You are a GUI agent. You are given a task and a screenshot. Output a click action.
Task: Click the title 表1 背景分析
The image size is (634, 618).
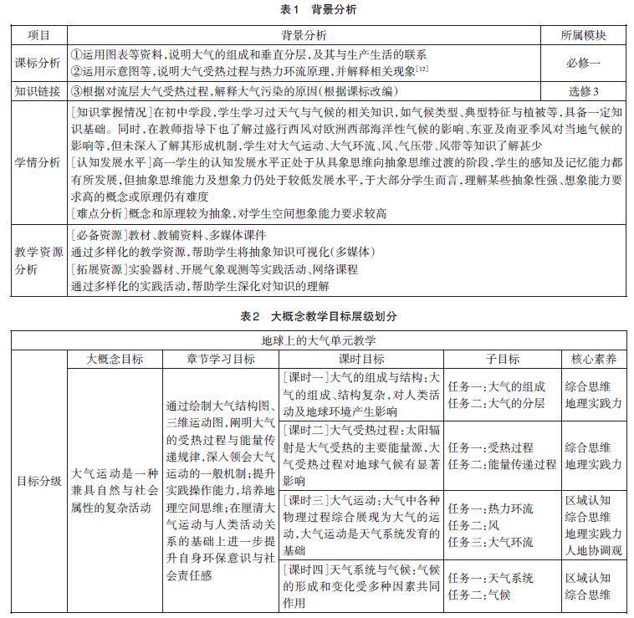pos(317,10)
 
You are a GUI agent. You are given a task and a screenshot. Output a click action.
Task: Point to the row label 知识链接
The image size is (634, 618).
pos(38,90)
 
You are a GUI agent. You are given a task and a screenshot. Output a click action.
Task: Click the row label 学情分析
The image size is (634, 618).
pos(38,162)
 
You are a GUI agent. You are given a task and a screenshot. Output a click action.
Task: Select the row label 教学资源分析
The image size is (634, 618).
pos(38,260)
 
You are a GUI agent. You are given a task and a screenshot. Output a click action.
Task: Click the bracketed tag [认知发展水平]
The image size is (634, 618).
pos(110,161)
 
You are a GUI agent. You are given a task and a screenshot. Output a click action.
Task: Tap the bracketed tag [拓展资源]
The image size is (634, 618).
pos(98,271)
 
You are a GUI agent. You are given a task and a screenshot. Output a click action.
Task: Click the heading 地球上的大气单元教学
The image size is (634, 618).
pos(318,341)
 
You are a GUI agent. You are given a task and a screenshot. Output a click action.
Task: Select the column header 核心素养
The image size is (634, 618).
pos(594,358)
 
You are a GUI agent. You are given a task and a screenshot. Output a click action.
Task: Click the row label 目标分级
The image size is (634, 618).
pos(38,481)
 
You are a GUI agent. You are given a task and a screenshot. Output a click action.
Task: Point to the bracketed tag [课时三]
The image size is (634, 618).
pos(307,499)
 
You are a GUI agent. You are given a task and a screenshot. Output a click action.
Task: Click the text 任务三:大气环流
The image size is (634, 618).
pos(491,541)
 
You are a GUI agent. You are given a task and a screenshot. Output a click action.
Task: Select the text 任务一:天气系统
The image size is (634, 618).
pos(491,579)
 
